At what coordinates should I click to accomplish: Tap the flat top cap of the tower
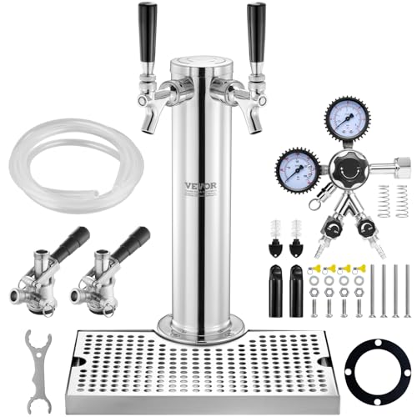coord(201,63)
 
